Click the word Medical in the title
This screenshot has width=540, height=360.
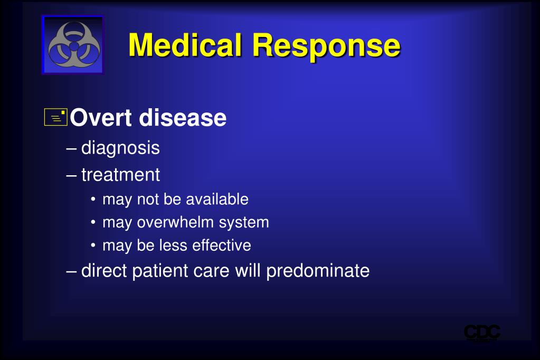coord(185,45)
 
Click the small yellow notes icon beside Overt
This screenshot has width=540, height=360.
coord(56,117)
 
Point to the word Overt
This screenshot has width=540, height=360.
coord(101,118)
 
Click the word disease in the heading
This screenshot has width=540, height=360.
coord(183,118)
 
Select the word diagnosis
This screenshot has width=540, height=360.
coord(120,148)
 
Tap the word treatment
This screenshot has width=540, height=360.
coord(120,175)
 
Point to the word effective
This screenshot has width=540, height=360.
coord(222,245)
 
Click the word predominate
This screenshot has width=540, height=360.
coord(318,271)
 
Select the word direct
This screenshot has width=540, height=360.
coord(104,270)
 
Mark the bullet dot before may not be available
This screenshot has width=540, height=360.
coord(93,200)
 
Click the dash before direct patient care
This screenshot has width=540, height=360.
coord(71,271)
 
